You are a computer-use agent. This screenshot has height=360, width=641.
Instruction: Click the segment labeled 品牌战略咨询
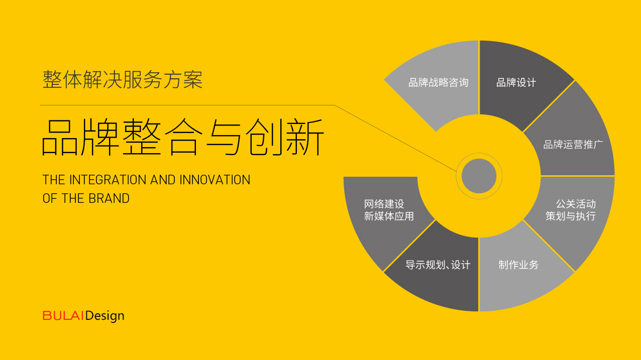coord(439,83)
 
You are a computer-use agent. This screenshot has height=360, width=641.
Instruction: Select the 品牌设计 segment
coord(516,83)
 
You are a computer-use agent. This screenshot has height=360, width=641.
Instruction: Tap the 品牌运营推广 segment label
coord(573,145)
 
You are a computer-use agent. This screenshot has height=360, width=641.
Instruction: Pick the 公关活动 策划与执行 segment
coord(571,210)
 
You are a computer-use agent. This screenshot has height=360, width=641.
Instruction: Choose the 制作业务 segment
coord(518,265)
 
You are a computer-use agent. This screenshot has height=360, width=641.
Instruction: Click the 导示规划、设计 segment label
coord(438,265)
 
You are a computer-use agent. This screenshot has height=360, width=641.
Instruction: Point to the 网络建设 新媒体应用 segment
coord(389,210)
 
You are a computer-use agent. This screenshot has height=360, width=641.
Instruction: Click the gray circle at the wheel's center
coord(479,176)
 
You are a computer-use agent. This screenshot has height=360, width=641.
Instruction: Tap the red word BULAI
coord(63,316)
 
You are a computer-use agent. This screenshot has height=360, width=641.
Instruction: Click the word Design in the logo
coord(104,316)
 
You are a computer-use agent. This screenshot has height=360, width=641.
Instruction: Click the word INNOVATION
coord(215,180)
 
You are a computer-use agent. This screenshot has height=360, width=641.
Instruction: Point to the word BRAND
coord(109,198)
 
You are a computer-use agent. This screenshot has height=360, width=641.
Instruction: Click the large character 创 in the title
coord(264,137)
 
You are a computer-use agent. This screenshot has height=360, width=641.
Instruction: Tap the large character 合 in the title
coord(184,137)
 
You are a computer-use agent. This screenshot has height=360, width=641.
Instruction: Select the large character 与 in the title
coord(224,137)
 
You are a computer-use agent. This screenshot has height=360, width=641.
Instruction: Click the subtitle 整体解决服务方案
coord(123,79)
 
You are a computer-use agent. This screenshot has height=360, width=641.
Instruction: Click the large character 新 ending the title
coord(305,137)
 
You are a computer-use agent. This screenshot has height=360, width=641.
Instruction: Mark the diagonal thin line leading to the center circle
coord(396,139)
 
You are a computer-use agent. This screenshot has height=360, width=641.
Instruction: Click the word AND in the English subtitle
coord(163,180)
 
